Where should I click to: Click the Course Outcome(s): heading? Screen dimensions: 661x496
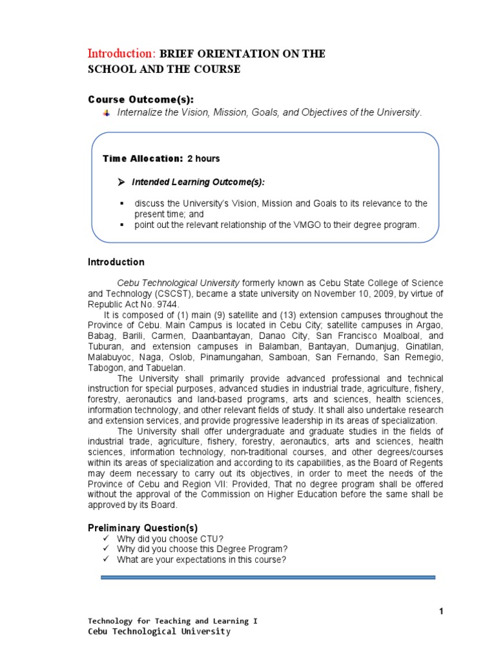pos(140,99)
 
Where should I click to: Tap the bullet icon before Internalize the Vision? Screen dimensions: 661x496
pos(107,112)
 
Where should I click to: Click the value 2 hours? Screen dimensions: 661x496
pos(203,159)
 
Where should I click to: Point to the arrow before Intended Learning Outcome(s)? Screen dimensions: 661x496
pos(121,183)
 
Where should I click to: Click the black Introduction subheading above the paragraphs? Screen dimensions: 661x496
pos(116,262)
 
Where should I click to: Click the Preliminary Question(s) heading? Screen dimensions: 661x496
pos(143,527)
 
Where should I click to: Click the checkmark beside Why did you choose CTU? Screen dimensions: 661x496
pos(107,538)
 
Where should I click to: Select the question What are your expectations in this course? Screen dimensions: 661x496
pos(201,560)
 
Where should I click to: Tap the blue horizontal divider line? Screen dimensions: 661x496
pos(268,578)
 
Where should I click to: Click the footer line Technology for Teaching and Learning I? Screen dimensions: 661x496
pos(172,621)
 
